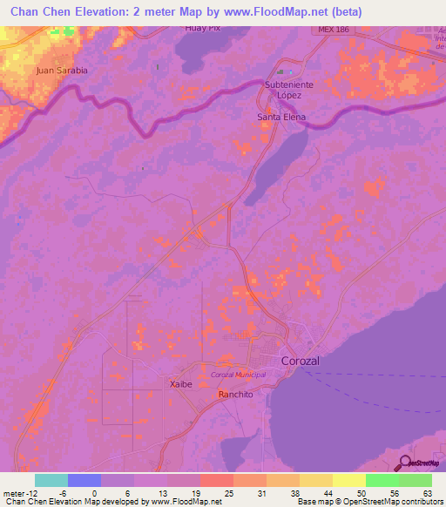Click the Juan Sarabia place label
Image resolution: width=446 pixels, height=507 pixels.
pyautogui.click(x=62, y=70)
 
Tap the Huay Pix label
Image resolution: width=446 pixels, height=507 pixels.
pyautogui.click(x=201, y=28)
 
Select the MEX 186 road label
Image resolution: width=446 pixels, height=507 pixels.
pyautogui.click(x=333, y=30)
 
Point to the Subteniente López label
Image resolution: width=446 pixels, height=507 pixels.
pyautogui.click(x=289, y=89)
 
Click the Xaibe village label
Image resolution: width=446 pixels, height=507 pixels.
pyautogui.click(x=179, y=383)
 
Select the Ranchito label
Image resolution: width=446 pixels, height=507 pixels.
pyautogui.click(x=235, y=394)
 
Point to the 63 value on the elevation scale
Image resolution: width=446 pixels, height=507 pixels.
pyautogui.click(x=426, y=493)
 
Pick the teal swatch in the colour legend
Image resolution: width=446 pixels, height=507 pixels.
pyautogui.click(x=51, y=480)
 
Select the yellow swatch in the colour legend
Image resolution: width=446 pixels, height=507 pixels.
pyautogui.click(x=349, y=480)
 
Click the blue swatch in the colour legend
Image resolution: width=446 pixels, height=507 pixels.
pyautogui.click(x=84, y=480)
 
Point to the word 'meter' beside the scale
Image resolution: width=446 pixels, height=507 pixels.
pyautogui.click(x=15, y=493)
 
